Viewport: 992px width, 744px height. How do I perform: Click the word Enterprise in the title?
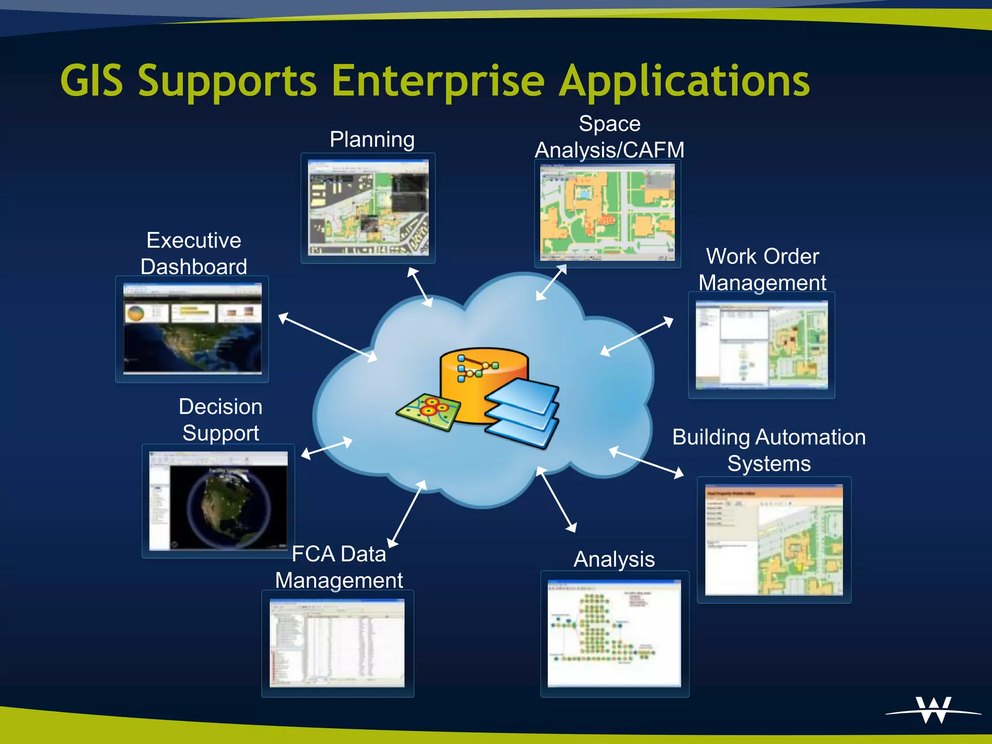[438, 81]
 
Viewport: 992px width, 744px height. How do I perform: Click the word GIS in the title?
[92, 81]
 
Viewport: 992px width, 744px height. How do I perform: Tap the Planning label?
[372, 139]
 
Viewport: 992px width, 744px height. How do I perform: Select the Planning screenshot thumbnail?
[368, 208]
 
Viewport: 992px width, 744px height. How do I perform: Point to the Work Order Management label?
[762, 269]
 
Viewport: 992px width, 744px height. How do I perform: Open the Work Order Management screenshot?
[761, 344]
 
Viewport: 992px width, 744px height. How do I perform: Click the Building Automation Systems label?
[769, 450]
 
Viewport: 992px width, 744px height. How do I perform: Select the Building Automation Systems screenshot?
[774, 540]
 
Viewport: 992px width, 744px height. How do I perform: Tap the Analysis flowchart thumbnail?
[614, 633]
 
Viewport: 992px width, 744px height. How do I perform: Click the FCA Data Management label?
[339, 567]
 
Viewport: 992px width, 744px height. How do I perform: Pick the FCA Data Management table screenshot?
[337, 643]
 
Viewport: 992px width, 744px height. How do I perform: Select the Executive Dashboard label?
[194, 253]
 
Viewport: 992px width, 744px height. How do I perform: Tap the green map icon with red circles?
[429, 411]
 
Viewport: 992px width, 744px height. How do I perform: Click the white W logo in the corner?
[933, 710]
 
